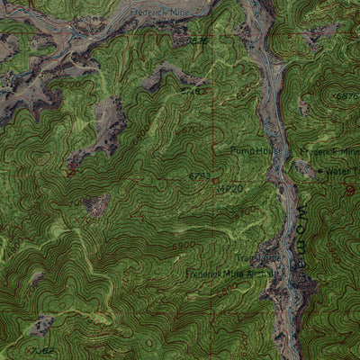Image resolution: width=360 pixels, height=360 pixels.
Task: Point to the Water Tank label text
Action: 342,171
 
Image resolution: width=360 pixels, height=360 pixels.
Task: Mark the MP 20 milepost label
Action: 229,189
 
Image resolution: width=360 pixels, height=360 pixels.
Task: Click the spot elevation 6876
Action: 346,95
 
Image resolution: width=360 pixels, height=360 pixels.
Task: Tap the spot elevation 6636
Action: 196,41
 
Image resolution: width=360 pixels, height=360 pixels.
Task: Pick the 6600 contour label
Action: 139,139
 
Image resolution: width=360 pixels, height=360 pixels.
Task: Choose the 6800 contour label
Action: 184,244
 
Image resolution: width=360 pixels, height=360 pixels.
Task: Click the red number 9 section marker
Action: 350,190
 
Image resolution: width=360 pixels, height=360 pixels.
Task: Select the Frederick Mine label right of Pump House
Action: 331,153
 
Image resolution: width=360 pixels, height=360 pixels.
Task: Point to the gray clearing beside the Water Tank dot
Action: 306,167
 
